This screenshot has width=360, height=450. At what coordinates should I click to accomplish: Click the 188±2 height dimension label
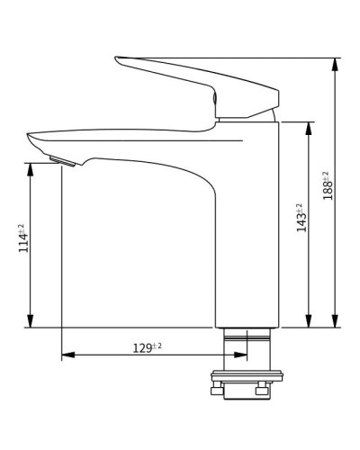[x=328, y=184]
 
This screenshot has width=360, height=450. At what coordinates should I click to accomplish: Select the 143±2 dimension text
[x=301, y=218]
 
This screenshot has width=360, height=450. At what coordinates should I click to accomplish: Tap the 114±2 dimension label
[x=23, y=238]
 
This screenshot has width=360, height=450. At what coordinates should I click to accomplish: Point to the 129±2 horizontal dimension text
[x=147, y=347]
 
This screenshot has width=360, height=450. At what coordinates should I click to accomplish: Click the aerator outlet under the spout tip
[x=63, y=161]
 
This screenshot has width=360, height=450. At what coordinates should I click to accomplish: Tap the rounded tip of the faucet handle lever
[x=118, y=61]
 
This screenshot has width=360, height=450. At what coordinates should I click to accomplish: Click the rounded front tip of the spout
[x=30, y=139]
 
